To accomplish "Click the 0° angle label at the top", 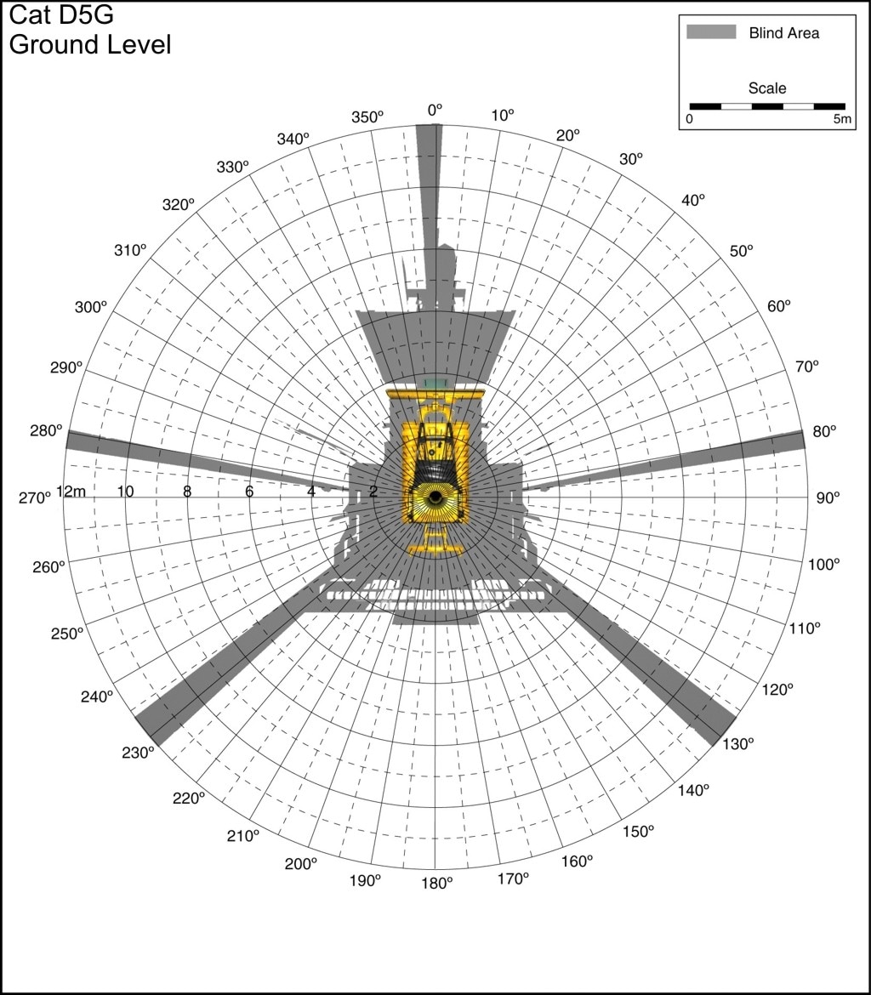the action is tap(435, 111).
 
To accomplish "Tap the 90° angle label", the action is tap(828, 498).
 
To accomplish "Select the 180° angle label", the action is tap(437, 883).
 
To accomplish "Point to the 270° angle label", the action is tap(34, 498).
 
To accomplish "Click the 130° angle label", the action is tap(738, 744).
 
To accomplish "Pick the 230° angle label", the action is tap(138, 753).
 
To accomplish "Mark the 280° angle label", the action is tap(46, 431).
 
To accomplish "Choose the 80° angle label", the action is tap(825, 431).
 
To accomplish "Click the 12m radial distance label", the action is tap(71, 492).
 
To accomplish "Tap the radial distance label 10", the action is tap(125, 492).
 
